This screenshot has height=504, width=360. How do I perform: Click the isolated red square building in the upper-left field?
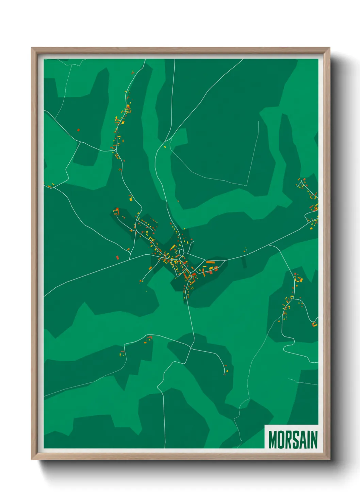click(78, 130)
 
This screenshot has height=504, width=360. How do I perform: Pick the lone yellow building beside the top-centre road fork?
click(165, 147)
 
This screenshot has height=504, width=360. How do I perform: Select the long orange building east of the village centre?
click(210, 262)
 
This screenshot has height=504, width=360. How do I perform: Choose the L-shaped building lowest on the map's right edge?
click(315, 324)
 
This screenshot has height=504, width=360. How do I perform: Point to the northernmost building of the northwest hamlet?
click(133, 72)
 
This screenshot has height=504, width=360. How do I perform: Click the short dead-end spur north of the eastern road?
click(246, 251)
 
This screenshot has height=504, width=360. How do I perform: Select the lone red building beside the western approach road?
click(117, 257)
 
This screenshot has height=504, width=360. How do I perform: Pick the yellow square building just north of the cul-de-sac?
click(130, 200)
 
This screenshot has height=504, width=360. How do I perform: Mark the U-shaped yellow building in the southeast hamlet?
click(300, 280)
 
